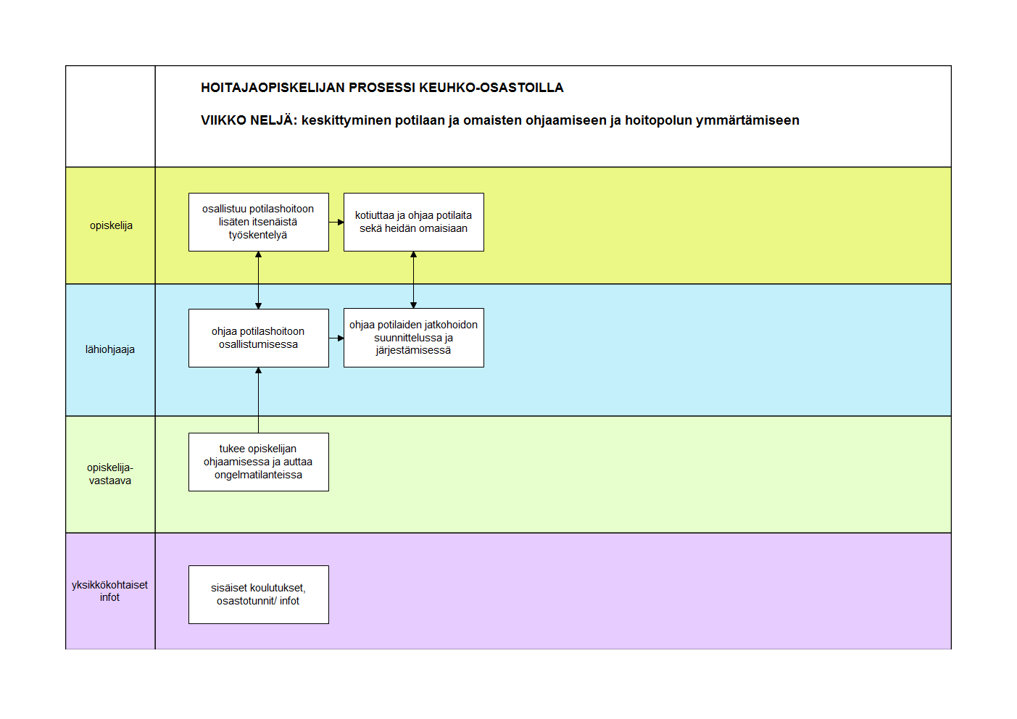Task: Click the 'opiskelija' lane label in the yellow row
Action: coord(111,225)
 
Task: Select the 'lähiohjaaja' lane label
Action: coord(110,349)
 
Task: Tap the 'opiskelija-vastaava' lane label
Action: coord(110,474)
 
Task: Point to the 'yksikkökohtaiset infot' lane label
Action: coord(110,591)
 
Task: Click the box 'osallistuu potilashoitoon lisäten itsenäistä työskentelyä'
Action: coord(259,222)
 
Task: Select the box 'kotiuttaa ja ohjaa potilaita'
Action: coord(414,222)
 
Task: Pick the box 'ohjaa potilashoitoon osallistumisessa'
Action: coord(259,338)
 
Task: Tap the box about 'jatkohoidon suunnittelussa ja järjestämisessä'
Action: coord(414,338)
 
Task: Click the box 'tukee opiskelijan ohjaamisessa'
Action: coord(259,462)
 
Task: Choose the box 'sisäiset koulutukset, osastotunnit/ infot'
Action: coord(259,594)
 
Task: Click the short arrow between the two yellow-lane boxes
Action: coord(336,223)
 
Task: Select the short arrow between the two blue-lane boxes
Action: coord(336,338)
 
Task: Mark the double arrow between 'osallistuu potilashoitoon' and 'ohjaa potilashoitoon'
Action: coord(258,280)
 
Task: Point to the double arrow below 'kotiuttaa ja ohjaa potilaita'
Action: coord(413,280)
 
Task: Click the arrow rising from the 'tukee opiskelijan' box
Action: coord(258,400)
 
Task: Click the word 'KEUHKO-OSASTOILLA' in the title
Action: coord(491,88)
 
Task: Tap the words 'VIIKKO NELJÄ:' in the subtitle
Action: coord(249,120)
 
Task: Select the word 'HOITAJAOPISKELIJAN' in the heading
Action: coord(273,88)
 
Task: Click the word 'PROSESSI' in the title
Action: coord(381,88)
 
